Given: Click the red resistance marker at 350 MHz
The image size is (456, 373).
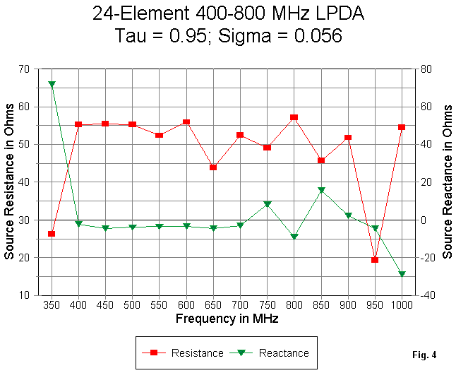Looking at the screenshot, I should point(52,234).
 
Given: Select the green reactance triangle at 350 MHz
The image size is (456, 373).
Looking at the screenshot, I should point(52,84).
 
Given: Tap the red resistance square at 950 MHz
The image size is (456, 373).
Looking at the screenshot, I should point(375,260).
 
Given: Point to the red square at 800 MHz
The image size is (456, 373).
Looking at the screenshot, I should point(294,117).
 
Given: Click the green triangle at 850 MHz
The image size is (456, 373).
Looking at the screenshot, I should point(321,190).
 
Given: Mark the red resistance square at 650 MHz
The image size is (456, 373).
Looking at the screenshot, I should point(213,167).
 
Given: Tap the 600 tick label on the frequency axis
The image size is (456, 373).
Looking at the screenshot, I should point(186,305).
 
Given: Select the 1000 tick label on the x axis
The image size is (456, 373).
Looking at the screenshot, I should point(402,305).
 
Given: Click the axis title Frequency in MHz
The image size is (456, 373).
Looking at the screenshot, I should point(227,319).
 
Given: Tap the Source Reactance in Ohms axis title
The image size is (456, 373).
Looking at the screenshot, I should point(447,182).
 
